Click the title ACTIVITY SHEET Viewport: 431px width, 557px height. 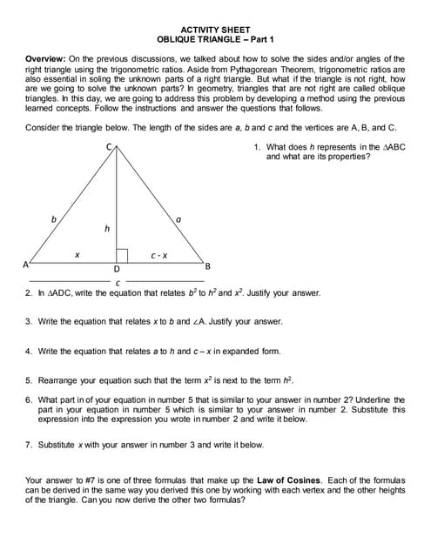215,30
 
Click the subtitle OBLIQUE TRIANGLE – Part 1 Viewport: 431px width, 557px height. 215,40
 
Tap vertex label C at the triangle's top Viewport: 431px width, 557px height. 110,146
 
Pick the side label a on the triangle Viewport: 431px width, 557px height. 178,220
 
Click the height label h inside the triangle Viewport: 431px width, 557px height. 107,228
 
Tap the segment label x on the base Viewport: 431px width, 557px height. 77,255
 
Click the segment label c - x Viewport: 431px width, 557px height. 158,255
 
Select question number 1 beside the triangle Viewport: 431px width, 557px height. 258,148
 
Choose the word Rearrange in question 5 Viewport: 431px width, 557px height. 58,379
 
